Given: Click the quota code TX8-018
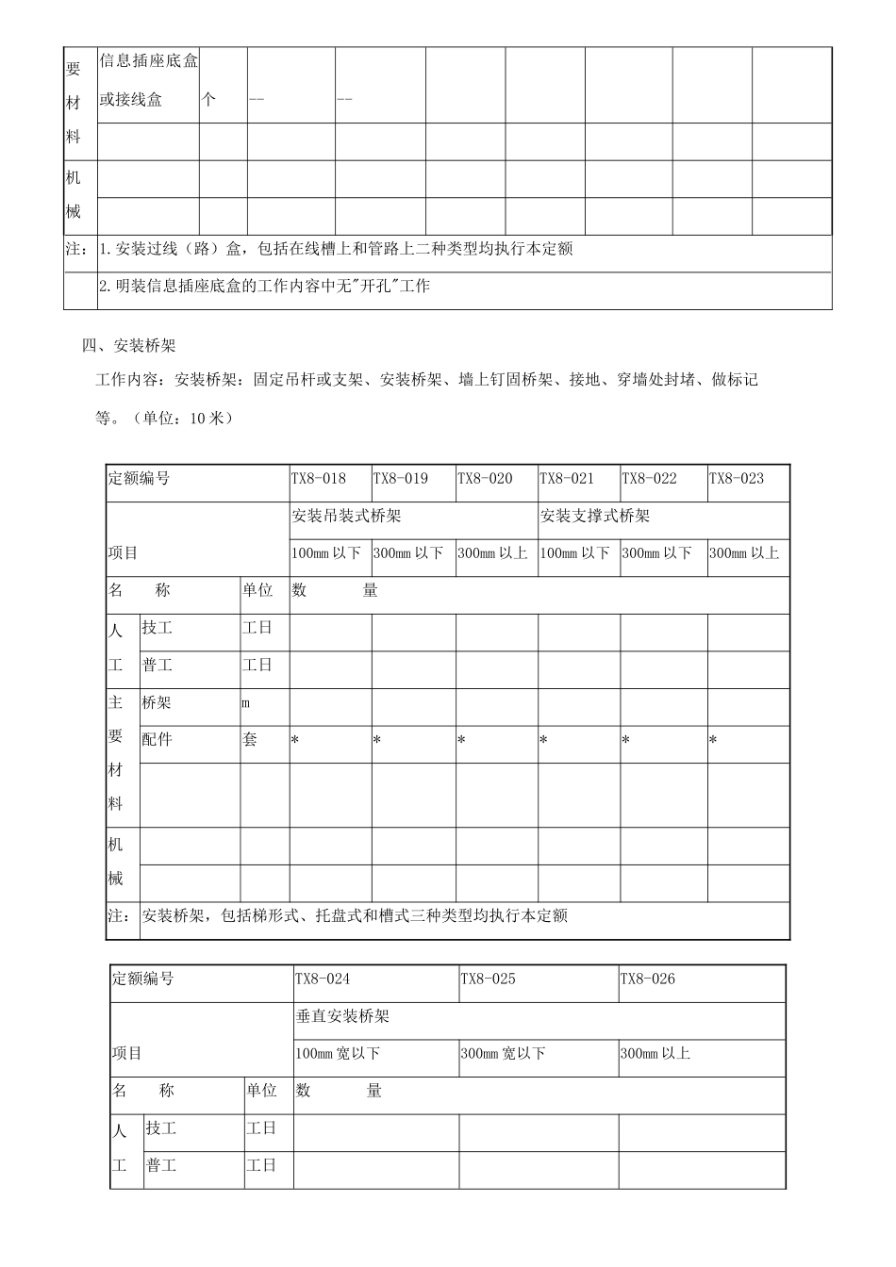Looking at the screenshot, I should tap(318, 479).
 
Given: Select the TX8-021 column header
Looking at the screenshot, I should tap(567, 479).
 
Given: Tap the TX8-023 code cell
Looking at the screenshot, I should tap(736, 479).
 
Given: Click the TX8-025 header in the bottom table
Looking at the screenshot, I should tap(488, 979).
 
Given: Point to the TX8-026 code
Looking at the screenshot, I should tap(647, 979).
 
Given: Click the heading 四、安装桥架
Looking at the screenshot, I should tap(129, 346).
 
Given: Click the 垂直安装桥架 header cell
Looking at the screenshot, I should tap(342, 1016).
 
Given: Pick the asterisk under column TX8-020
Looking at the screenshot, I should tap(461, 741).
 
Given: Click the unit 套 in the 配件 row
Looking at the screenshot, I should tap(250, 740).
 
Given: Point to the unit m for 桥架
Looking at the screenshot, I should tap(246, 703).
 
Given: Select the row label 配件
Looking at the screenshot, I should tap(157, 740).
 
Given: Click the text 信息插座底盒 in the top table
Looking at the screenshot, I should tap(149, 62).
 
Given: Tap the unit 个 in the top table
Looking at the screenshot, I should tap(209, 99).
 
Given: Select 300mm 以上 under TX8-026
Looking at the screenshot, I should tap(655, 1054).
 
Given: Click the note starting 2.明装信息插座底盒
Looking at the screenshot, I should tap(264, 286).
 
